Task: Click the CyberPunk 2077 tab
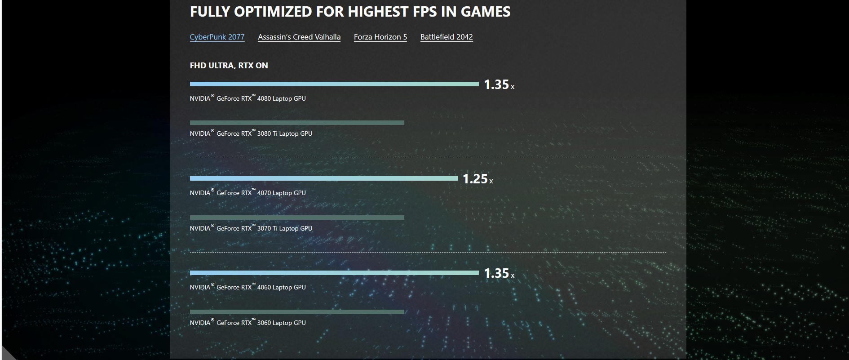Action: click(217, 37)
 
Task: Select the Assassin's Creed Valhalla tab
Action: click(299, 37)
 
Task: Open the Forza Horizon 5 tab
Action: click(380, 37)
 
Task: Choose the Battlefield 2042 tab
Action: click(447, 37)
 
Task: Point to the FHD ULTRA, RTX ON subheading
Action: click(229, 66)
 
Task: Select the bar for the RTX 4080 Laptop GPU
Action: click(334, 84)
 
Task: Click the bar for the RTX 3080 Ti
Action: click(297, 123)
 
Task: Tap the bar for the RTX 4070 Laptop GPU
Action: click(323, 178)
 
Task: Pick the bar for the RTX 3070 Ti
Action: click(297, 218)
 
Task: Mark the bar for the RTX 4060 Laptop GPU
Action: click(334, 273)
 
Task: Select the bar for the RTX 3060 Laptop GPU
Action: click(297, 312)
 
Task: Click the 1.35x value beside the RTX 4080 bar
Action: click(499, 84)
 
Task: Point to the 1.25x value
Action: click(478, 179)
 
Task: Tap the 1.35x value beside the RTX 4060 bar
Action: click(499, 273)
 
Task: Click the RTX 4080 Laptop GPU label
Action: click(248, 98)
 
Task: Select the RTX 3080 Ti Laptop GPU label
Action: click(251, 133)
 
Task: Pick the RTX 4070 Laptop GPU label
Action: click(248, 193)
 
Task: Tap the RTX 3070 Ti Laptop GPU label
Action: click(251, 228)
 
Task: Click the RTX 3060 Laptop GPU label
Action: click(248, 323)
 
